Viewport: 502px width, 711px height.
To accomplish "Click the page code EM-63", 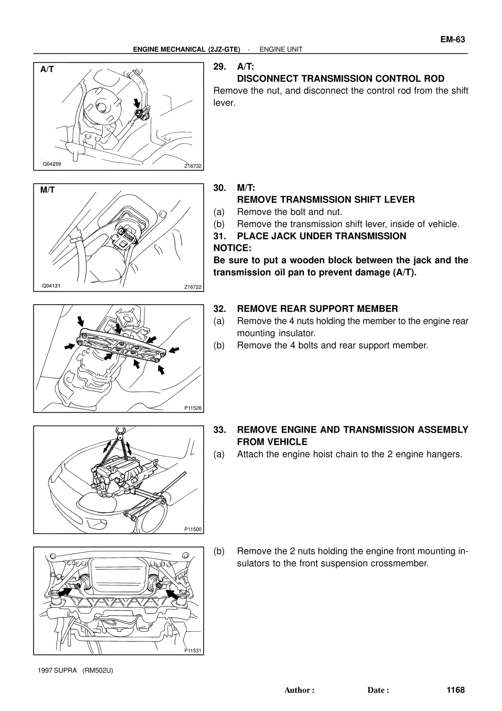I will [452, 40].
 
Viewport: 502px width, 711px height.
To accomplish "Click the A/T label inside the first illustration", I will [47, 69].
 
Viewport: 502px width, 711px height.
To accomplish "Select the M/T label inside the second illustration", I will [47, 190].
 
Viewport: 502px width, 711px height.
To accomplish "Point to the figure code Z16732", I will [193, 166].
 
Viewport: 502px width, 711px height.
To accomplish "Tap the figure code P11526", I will [193, 408].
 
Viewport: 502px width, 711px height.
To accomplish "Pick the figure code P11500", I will [193, 529].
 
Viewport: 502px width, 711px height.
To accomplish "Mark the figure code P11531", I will [193, 651].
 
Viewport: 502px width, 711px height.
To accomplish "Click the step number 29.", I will [219, 66].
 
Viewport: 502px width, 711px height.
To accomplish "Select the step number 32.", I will [219, 309].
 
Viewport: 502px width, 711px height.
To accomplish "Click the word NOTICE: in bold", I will [232, 248].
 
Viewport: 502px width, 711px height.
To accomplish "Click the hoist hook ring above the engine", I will [120, 430].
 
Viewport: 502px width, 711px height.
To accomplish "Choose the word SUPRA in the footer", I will [66, 670].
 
